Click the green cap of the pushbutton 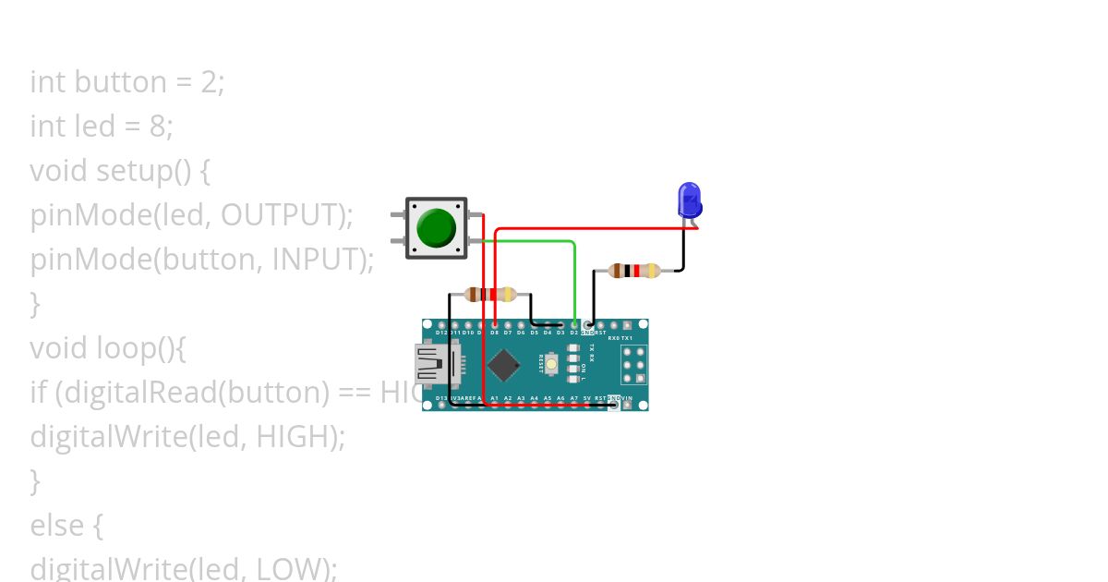tap(436, 227)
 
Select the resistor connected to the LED tap(634, 271)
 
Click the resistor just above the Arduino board tap(490, 295)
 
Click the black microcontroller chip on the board tap(504, 365)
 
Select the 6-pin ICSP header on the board tap(633, 365)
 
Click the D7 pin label tap(508, 333)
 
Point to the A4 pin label tap(535, 398)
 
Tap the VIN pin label tap(627, 398)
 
